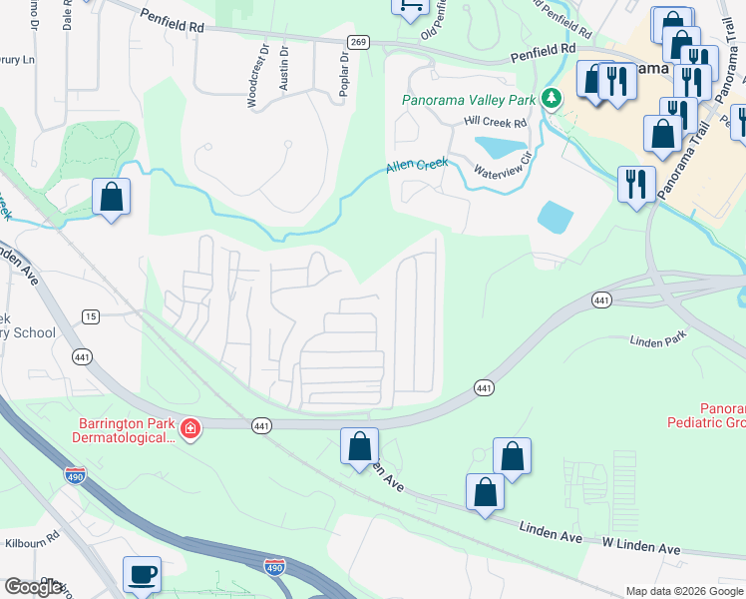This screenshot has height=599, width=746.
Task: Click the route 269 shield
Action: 358,41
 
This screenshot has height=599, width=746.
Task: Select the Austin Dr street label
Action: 284,69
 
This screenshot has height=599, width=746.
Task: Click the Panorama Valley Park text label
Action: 468,100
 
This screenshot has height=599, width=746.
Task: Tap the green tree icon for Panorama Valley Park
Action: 551,98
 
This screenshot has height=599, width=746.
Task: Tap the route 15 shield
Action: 91,316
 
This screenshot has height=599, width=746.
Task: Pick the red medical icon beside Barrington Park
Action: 190,430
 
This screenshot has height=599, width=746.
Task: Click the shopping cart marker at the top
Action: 409,7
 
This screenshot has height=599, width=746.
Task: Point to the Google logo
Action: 33,587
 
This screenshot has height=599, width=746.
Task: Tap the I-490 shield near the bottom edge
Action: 274,567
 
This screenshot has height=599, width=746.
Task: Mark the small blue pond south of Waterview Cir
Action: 555,215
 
